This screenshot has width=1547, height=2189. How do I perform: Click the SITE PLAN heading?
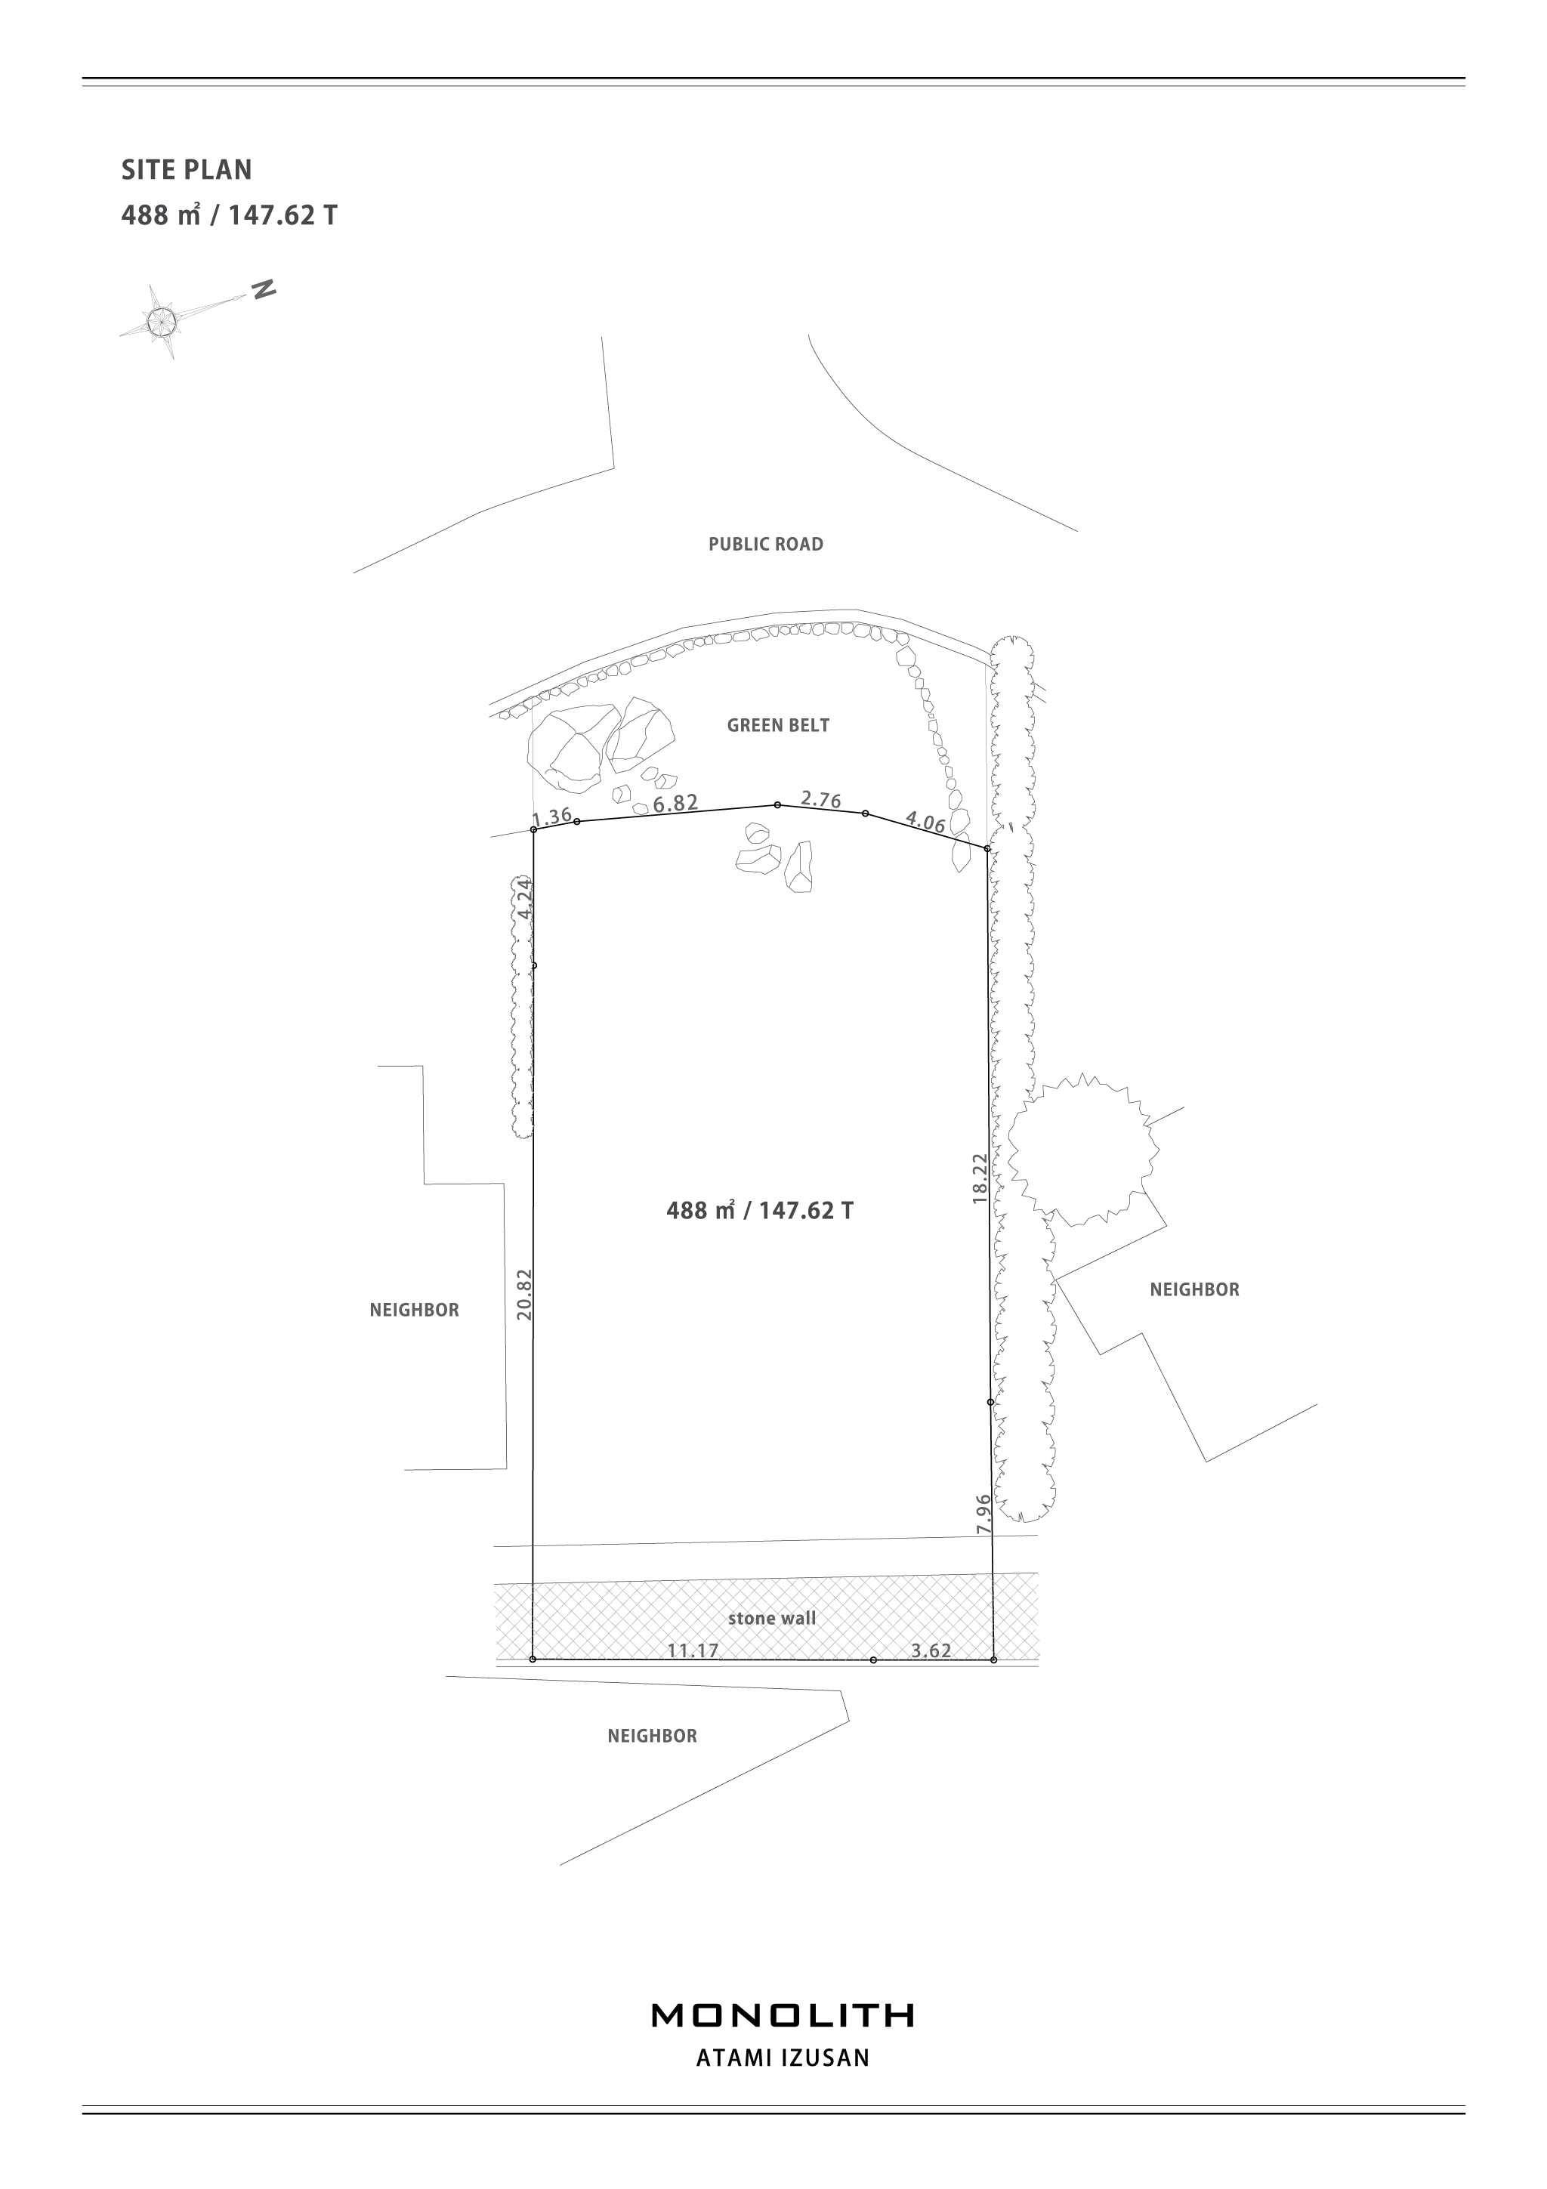pyautogui.click(x=187, y=170)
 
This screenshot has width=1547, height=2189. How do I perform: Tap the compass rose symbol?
pyautogui.click(x=163, y=320)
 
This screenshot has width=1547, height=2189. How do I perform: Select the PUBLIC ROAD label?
pyautogui.click(x=765, y=545)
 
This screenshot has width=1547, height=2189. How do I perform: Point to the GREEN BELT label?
pyautogui.click(x=778, y=726)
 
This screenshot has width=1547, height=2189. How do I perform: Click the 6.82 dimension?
pyautogui.click(x=676, y=804)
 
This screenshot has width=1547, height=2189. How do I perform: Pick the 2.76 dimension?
pyautogui.click(x=820, y=799)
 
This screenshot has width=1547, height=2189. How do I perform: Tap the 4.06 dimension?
pyautogui.click(x=925, y=821)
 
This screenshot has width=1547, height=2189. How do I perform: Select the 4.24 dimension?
pyautogui.click(x=524, y=898)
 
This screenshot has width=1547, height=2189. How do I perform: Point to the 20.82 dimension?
pyautogui.click(x=523, y=1295)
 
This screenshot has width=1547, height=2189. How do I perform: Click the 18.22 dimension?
pyautogui.click(x=980, y=1178)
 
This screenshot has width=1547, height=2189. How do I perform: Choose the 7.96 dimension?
pyautogui.click(x=983, y=1513)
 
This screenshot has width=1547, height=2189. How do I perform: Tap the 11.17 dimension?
pyautogui.click(x=693, y=1650)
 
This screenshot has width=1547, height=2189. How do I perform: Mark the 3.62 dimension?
pyautogui.click(x=931, y=1650)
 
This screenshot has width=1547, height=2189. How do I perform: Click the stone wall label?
pyautogui.click(x=772, y=1618)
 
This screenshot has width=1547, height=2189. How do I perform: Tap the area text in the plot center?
pyautogui.click(x=760, y=1211)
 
